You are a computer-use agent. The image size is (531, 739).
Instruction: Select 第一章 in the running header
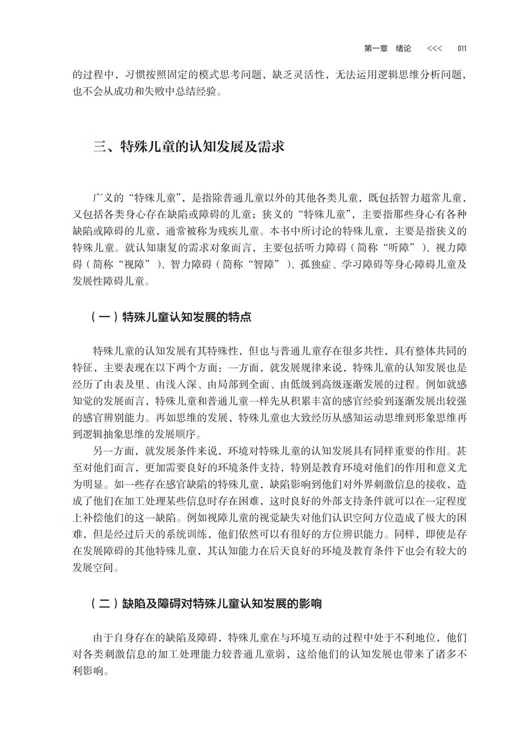pyautogui.click(x=376, y=48)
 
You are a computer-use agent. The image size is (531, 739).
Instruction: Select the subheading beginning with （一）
pyautogui.click(x=171, y=317)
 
